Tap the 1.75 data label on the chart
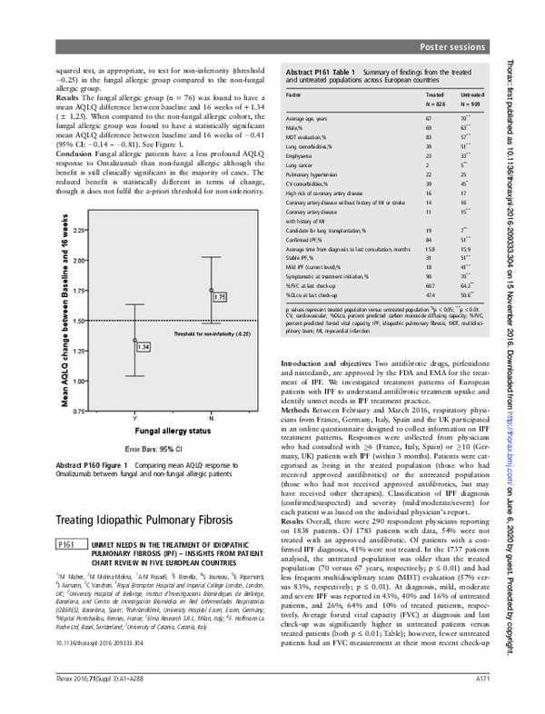tap(220, 297)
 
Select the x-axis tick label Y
tap(134, 418)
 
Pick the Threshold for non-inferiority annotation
tap(211, 334)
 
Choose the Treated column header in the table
tap(434, 94)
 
